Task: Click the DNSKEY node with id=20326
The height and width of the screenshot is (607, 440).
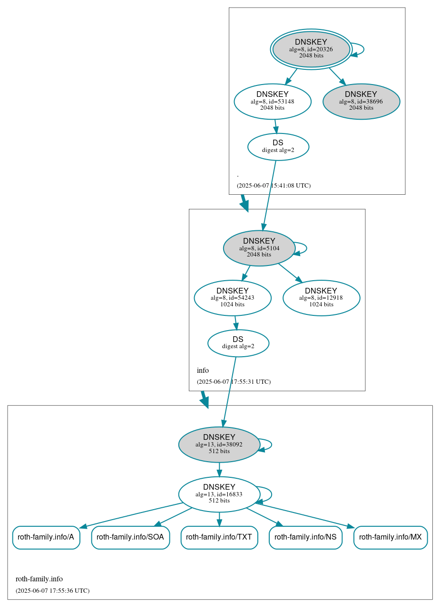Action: click(x=311, y=49)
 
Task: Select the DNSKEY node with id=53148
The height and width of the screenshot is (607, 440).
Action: click(x=273, y=101)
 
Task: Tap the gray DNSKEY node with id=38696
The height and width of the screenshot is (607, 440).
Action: click(x=361, y=101)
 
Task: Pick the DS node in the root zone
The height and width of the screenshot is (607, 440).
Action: click(x=278, y=147)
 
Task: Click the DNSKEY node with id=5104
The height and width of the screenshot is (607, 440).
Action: click(x=259, y=248)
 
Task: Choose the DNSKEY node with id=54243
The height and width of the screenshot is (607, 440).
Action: click(x=233, y=298)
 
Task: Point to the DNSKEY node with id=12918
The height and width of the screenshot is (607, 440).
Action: click(x=321, y=298)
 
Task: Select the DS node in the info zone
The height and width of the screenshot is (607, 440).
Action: click(x=238, y=343)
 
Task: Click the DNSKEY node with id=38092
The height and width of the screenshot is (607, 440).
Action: click(x=219, y=445)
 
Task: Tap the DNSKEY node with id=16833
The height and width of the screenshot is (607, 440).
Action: click(x=219, y=494)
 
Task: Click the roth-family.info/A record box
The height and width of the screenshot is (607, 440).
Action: click(x=46, y=537)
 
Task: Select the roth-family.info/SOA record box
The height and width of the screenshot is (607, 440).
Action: click(x=130, y=537)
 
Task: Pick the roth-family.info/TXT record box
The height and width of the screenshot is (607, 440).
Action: click(x=219, y=537)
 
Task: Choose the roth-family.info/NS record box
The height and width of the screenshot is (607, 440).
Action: click(x=305, y=537)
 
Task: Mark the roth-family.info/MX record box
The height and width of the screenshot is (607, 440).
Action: click(x=391, y=537)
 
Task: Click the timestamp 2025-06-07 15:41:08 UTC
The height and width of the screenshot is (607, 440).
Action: click(x=274, y=185)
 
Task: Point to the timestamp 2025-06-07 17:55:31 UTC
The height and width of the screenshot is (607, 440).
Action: click(x=234, y=381)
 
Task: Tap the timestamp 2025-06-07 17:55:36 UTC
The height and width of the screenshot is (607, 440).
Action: click(x=52, y=590)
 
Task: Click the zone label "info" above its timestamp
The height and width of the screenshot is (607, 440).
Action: click(x=203, y=370)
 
